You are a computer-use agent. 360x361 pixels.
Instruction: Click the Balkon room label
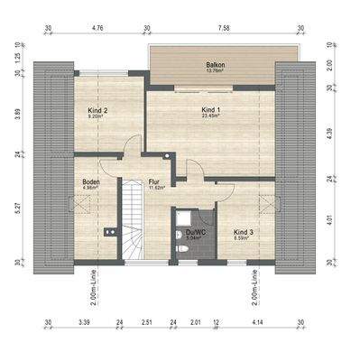click(x=214, y=65)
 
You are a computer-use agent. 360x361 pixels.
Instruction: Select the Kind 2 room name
click(x=98, y=111)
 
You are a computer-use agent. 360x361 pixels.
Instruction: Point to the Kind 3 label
click(x=242, y=232)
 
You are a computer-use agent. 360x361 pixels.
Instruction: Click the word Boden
click(x=90, y=182)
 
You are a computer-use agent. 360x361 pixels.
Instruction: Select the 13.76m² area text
click(x=214, y=71)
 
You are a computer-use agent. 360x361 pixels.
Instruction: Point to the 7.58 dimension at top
click(x=222, y=28)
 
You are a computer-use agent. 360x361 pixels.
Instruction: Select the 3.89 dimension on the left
click(x=18, y=116)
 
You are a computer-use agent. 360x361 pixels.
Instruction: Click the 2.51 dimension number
click(x=146, y=321)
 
